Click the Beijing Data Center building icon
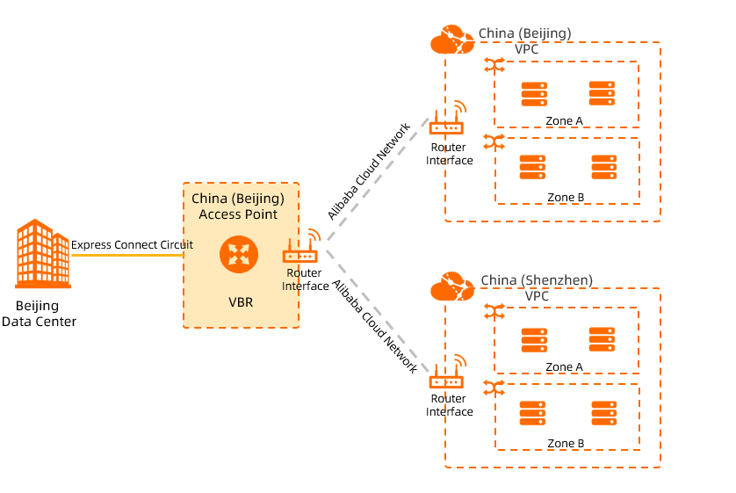click(42, 254)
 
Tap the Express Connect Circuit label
click(132, 245)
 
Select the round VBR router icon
click(237, 255)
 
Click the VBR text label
click(241, 302)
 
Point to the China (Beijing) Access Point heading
click(238, 207)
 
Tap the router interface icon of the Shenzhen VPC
click(446, 378)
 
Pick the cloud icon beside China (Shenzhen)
click(452, 286)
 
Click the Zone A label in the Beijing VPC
click(565, 121)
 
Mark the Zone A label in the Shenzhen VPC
click(565, 367)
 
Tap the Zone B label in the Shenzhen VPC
click(566, 444)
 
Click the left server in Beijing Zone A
click(533, 93)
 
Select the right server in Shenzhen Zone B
click(603, 413)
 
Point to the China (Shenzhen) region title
click(537, 280)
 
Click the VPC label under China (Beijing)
click(527, 49)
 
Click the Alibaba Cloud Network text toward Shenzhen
click(375, 328)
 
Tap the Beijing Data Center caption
click(39, 314)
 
